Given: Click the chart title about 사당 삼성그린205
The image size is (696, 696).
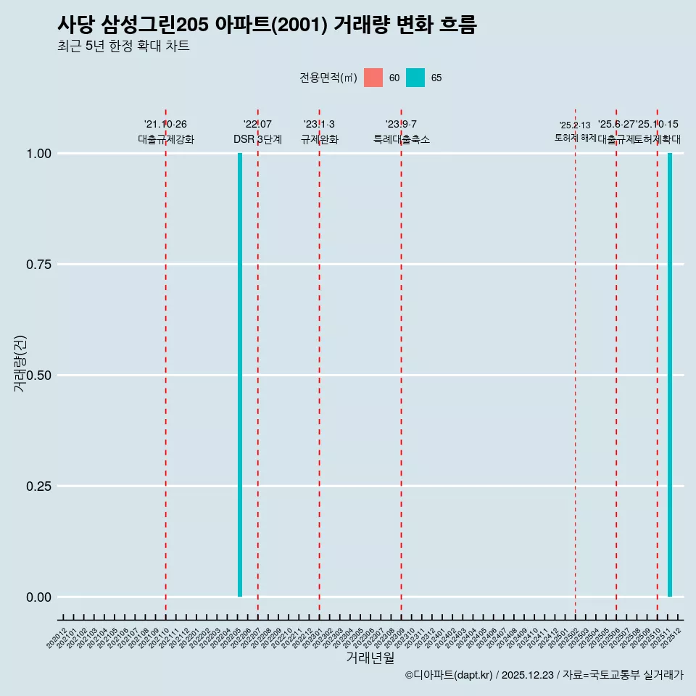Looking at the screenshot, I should [267, 25].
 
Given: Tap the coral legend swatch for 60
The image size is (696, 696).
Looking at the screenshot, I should [373, 78].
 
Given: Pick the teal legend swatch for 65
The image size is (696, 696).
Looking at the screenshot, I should [415, 78].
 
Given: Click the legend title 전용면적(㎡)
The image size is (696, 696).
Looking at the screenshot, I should [328, 78].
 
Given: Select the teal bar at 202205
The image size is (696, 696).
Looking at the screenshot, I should [240, 375].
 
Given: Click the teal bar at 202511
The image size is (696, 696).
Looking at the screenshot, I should [670, 375].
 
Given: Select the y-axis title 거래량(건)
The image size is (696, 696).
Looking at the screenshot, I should [20, 363].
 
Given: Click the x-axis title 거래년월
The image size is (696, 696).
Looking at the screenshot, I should [370, 658].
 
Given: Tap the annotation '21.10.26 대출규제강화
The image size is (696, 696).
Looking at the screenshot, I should [166, 132].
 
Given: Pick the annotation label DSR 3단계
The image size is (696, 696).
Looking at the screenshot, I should [257, 139].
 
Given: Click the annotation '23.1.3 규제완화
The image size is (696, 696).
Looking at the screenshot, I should [319, 132].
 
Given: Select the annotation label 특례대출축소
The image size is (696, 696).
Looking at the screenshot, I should [401, 139].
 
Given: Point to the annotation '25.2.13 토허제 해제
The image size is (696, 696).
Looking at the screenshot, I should [575, 131].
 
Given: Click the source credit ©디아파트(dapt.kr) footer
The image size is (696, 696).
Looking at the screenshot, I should [544, 675].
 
